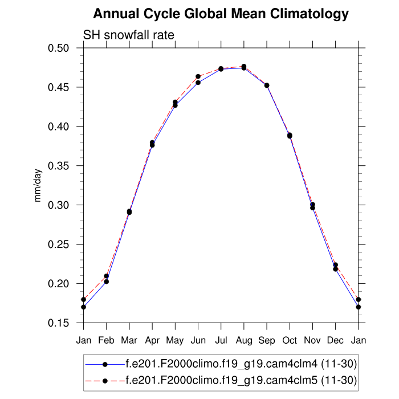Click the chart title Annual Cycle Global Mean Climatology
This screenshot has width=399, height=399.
pos(221,14)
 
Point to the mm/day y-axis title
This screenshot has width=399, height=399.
pos(38,186)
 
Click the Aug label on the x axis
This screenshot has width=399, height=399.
pos(244,341)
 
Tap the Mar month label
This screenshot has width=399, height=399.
pos(129,341)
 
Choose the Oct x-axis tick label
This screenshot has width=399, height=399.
pos(290,341)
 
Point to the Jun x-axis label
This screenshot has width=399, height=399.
pos(198,341)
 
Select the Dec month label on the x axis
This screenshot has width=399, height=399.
pos(335,341)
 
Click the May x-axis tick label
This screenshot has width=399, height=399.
pos(175,341)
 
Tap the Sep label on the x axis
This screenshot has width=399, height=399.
pos(267,341)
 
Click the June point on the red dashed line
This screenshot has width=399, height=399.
pos(198,76)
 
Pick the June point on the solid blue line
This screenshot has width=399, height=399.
pos(198,83)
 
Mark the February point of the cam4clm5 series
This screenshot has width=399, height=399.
pos(107,276)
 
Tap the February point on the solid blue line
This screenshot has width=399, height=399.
pos(107,282)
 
